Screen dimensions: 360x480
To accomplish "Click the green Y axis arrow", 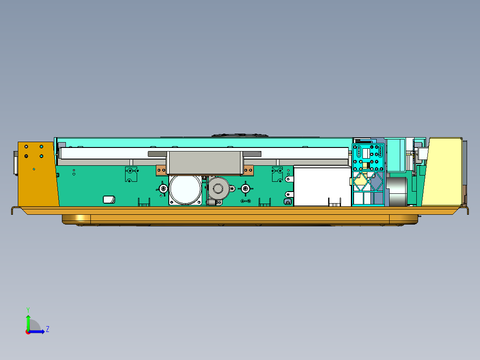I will point(28,320).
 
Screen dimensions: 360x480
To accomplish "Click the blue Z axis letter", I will point(47,329).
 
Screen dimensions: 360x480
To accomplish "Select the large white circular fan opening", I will point(185,189).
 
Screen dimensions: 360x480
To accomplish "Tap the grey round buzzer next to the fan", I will point(218,188).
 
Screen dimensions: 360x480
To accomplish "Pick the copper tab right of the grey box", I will point(248,170).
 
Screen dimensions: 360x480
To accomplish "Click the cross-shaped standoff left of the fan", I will point(163,189).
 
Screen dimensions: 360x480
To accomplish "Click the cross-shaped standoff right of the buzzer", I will point(245,189).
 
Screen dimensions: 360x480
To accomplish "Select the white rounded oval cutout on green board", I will point(109,200).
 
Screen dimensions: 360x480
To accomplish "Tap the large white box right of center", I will point(321,186).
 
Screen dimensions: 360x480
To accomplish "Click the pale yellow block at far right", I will point(442,172).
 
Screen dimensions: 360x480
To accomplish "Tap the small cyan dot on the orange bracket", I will point(34,169).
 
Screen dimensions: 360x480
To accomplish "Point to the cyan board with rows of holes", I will point(368,157).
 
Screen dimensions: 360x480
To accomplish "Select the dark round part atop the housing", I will point(240,135).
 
